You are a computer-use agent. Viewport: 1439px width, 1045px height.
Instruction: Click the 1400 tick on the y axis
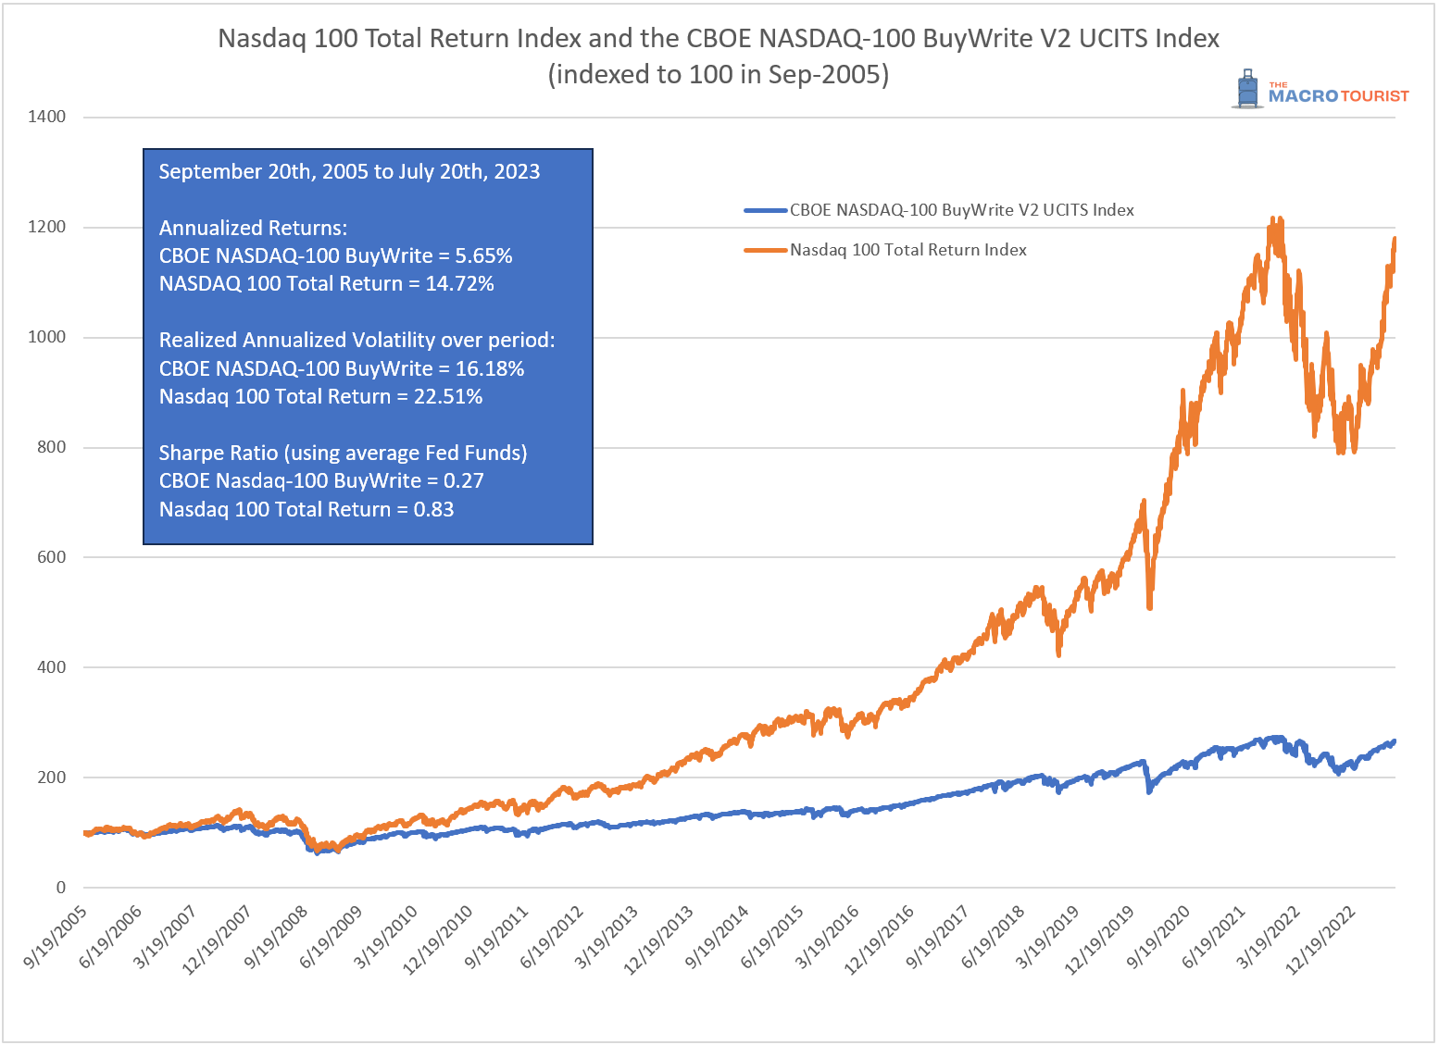pyautogui.click(x=46, y=117)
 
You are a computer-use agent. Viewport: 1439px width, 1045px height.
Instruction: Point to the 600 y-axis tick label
pyautogui.click(x=51, y=557)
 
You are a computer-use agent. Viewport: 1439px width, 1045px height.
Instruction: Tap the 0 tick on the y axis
pyautogui.click(x=61, y=888)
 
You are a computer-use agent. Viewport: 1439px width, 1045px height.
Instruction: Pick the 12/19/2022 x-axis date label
pyautogui.click(x=1322, y=939)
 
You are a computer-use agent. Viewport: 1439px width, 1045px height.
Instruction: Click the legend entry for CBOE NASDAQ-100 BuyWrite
pyautogui.click(x=960, y=210)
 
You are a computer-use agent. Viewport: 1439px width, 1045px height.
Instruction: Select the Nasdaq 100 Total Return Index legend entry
pyautogui.click(x=907, y=250)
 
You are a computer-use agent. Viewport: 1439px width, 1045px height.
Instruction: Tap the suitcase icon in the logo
pyautogui.click(x=1248, y=90)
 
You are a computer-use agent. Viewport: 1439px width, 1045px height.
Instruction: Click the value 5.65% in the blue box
pyautogui.click(x=483, y=256)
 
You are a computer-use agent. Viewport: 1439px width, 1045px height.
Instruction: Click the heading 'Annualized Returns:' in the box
pyautogui.click(x=253, y=229)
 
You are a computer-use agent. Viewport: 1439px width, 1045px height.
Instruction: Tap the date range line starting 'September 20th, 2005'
pyautogui.click(x=349, y=172)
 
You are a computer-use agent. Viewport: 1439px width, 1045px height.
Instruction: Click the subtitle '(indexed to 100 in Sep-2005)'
pyautogui.click(x=718, y=74)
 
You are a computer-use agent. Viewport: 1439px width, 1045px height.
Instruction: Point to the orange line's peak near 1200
pyautogui.click(x=1275, y=220)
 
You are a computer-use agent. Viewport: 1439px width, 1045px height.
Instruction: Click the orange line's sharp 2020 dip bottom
pyautogui.click(x=1149, y=607)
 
